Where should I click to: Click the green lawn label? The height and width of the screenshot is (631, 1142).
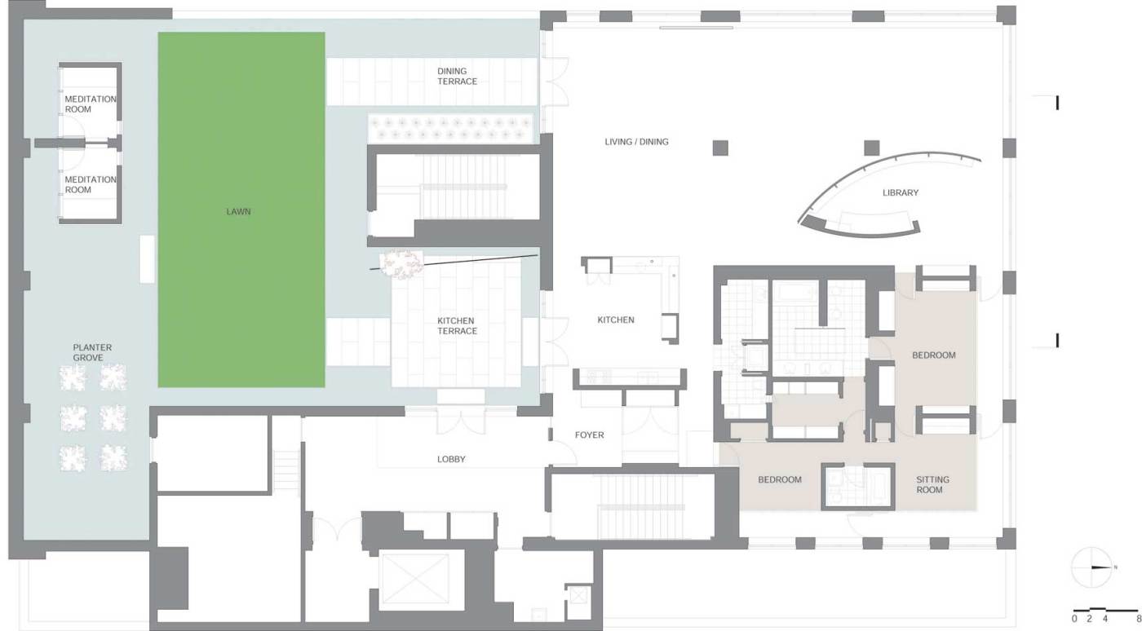click(x=238, y=211)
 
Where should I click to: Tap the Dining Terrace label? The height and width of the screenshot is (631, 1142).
click(x=458, y=76)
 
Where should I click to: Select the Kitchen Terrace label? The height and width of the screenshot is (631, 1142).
click(x=458, y=326)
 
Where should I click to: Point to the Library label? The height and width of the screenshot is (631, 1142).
click(x=901, y=192)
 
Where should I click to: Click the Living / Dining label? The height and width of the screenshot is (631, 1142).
click(x=636, y=142)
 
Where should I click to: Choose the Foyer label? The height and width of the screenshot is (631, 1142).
click(x=589, y=435)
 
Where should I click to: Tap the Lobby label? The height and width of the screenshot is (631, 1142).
click(x=451, y=459)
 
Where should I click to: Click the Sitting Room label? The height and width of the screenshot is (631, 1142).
click(x=932, y=485)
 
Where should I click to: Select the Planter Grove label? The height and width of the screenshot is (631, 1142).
click(x=92, y=353)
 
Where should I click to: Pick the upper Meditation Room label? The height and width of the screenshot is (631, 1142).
click(x=91, y=104)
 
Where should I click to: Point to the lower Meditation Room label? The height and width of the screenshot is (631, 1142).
click(x=91, y=184)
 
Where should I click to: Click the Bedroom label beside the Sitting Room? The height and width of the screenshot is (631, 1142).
click(x=780, y=479)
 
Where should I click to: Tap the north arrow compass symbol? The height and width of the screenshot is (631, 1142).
click(x=1091, y=567)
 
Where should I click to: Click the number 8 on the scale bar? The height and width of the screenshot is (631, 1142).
click(x=1139, y=619)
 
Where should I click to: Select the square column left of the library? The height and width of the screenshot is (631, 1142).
click(x=719, y=148)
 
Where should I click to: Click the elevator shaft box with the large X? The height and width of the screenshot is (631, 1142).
click(x=415, y=579)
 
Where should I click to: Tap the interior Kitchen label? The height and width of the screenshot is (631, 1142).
click(x=616, y=320)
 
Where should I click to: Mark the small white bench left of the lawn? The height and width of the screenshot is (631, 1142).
click(x=147, y=259)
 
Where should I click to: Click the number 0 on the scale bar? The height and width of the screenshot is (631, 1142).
click(x=1074, y=619)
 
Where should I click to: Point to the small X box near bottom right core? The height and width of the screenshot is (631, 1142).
click(x=578, y=595)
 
